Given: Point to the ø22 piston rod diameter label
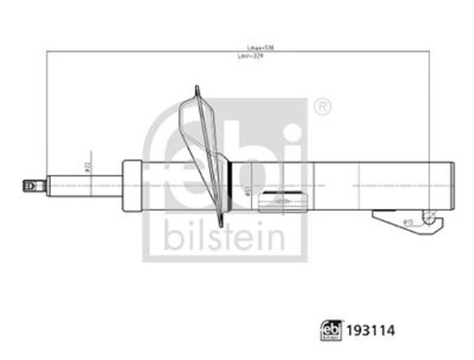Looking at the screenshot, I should coord(87,168).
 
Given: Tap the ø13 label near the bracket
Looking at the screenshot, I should coord(407,221).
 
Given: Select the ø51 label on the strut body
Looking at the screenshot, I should coord(247,190).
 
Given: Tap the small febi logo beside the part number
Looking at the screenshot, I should coord(331,329).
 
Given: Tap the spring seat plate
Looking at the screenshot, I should coord(208,156).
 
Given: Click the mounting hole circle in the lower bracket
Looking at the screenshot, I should coord(428,216).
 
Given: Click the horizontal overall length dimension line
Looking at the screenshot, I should coord(237,52).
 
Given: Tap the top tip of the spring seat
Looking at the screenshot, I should coord(197,88).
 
